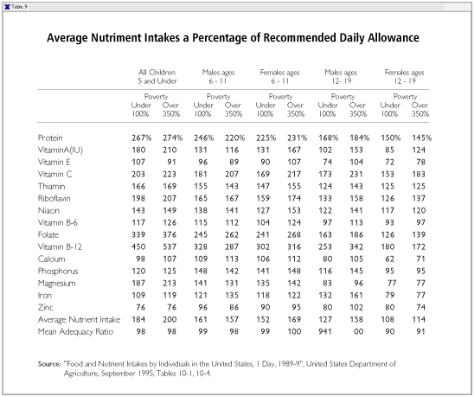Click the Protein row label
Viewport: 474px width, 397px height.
tap(50, 138)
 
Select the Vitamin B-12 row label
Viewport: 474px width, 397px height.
tap(60, 247)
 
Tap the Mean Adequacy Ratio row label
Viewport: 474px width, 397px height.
tap(75, 331)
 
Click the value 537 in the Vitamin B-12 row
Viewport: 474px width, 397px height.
tap(170, 247)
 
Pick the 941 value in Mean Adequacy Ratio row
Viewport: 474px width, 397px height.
tap(325, 331)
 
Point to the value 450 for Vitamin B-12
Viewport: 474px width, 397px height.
tap(138, 247)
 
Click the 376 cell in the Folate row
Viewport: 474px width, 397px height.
tap(170, 234)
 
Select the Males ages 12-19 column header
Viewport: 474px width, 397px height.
tap(341, 76)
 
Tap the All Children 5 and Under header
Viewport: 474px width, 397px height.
tap(157, 76)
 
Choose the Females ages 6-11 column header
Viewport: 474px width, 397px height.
tap(280, 76)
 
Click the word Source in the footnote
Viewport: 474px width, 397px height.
tap(49, 364)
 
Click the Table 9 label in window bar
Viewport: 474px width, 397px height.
tap(19, 7)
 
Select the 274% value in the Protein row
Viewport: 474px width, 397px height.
tap(173, 138)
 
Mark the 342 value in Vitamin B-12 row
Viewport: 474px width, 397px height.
tap(356, 247)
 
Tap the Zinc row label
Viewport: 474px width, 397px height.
tap(45, 307)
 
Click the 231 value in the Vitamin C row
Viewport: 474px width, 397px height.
tap(356, 174)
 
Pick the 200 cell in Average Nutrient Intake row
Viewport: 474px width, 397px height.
tap(170, 319)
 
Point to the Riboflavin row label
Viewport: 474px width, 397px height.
tap(54, 198)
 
